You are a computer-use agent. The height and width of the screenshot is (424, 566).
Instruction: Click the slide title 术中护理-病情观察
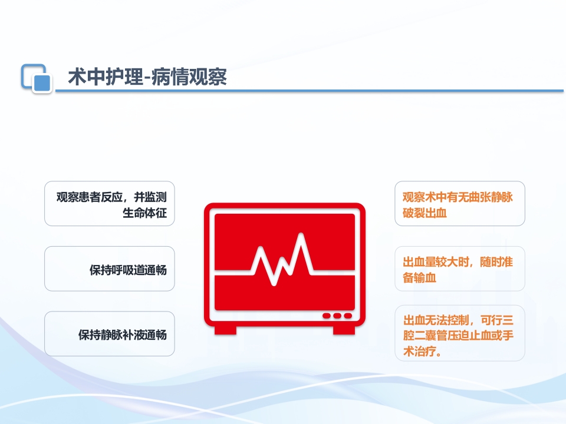click(x=147, y=77)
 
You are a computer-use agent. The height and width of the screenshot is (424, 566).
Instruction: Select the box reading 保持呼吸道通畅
click(x=110, y=269)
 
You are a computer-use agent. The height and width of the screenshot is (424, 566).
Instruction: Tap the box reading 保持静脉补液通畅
click(x=110, y=334)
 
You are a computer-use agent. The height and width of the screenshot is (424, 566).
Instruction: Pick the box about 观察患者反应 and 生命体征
click(x=110, y=204)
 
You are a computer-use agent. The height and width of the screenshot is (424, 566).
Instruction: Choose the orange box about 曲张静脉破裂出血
click(x=460, y=204)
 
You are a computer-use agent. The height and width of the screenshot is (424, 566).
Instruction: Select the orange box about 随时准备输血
click(x=460, y=269)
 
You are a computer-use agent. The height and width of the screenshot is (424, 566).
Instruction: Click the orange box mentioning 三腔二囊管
click(x=460, y=336)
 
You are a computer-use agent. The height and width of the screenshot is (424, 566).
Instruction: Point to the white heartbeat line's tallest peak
click(x=303, y=236)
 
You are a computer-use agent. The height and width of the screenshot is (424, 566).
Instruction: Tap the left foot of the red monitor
click(x=225, y=329)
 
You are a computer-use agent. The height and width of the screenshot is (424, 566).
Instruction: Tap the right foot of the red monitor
click(x=344, y=329)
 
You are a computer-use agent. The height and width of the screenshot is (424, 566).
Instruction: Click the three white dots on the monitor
click(x=337, y=316)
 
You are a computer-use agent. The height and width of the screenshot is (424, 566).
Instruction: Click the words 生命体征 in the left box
click(x=145, y=213)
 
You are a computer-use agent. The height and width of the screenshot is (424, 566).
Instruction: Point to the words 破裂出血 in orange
click(x=424, y=213)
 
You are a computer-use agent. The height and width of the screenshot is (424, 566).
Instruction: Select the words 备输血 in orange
click(x=419, y=277)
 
